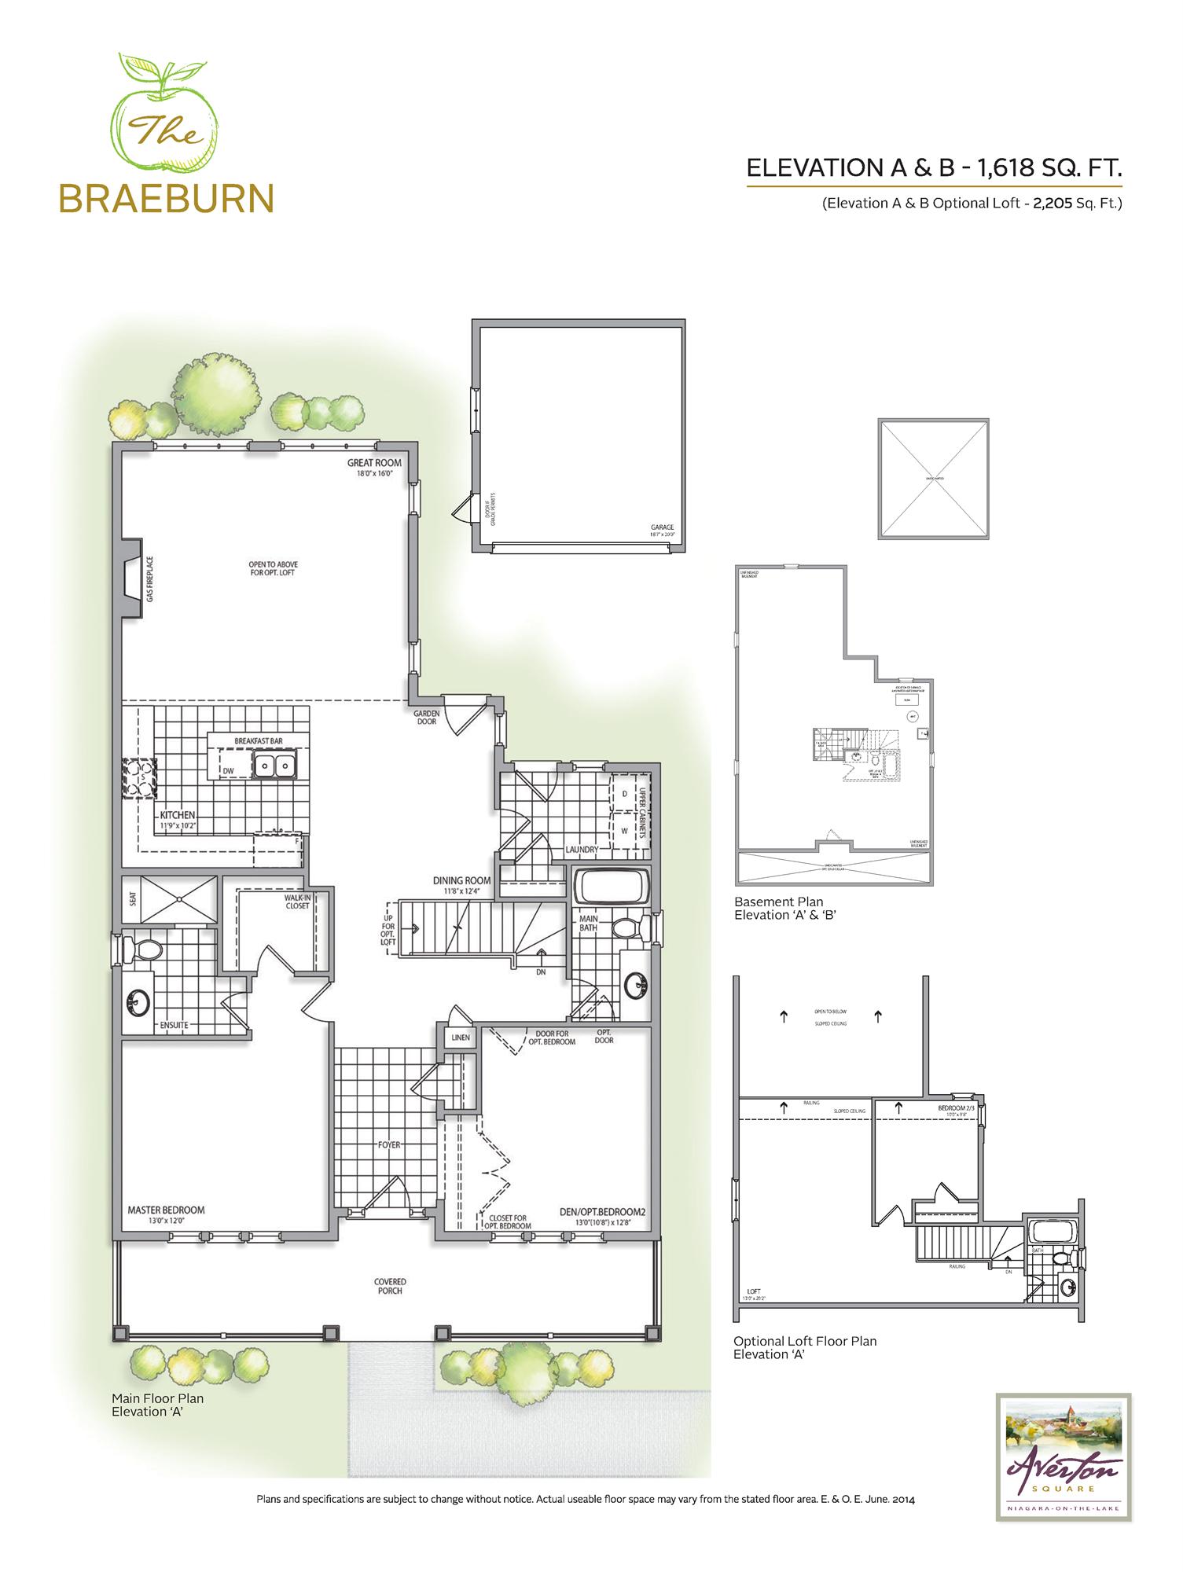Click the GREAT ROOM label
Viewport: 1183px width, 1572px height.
375,463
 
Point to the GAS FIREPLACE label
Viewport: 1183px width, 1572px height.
149,578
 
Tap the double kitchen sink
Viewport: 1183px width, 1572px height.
274,765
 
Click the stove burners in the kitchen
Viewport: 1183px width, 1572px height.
139,777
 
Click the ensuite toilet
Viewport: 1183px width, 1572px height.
144,949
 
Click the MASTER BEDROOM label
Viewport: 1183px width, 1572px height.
166,1210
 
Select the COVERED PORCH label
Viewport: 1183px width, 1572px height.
390,1286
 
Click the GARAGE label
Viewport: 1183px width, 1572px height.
662,527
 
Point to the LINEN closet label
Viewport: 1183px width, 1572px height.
461,1038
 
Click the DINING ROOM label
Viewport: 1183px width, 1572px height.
461,880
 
